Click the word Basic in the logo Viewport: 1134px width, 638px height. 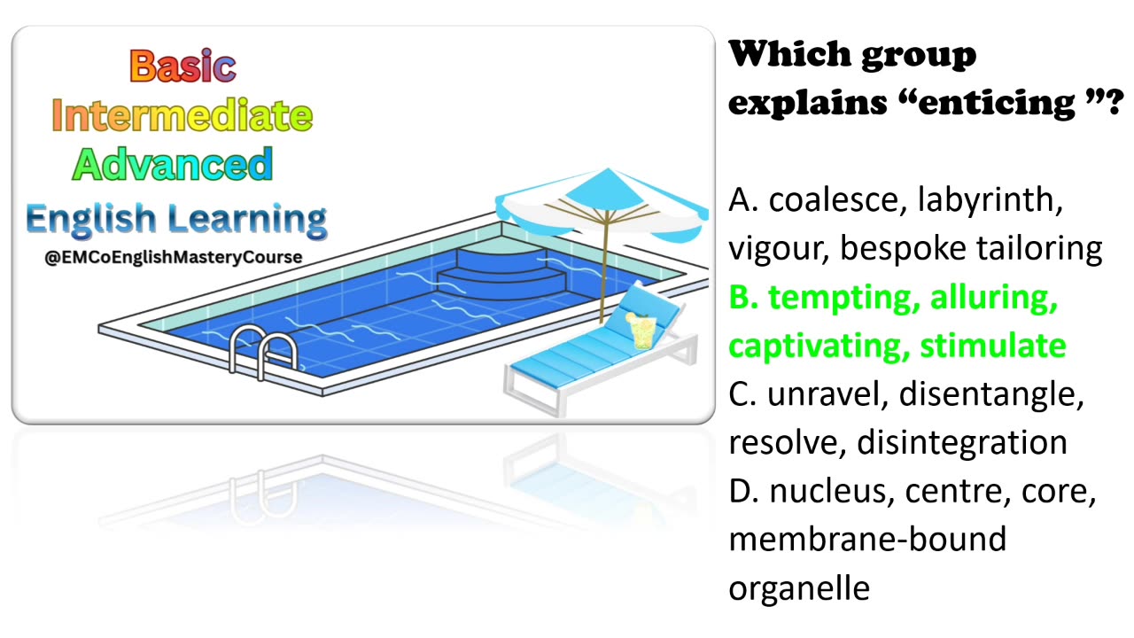coord(183,66)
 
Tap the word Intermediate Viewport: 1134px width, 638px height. coord(183,115)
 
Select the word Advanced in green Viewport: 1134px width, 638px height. coord(173,164)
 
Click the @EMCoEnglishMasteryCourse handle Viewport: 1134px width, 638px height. coord(173,257)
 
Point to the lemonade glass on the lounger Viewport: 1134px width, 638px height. coord(641,330)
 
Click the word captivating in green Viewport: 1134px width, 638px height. coord(814,346)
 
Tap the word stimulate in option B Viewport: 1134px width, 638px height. coord(993,346)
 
